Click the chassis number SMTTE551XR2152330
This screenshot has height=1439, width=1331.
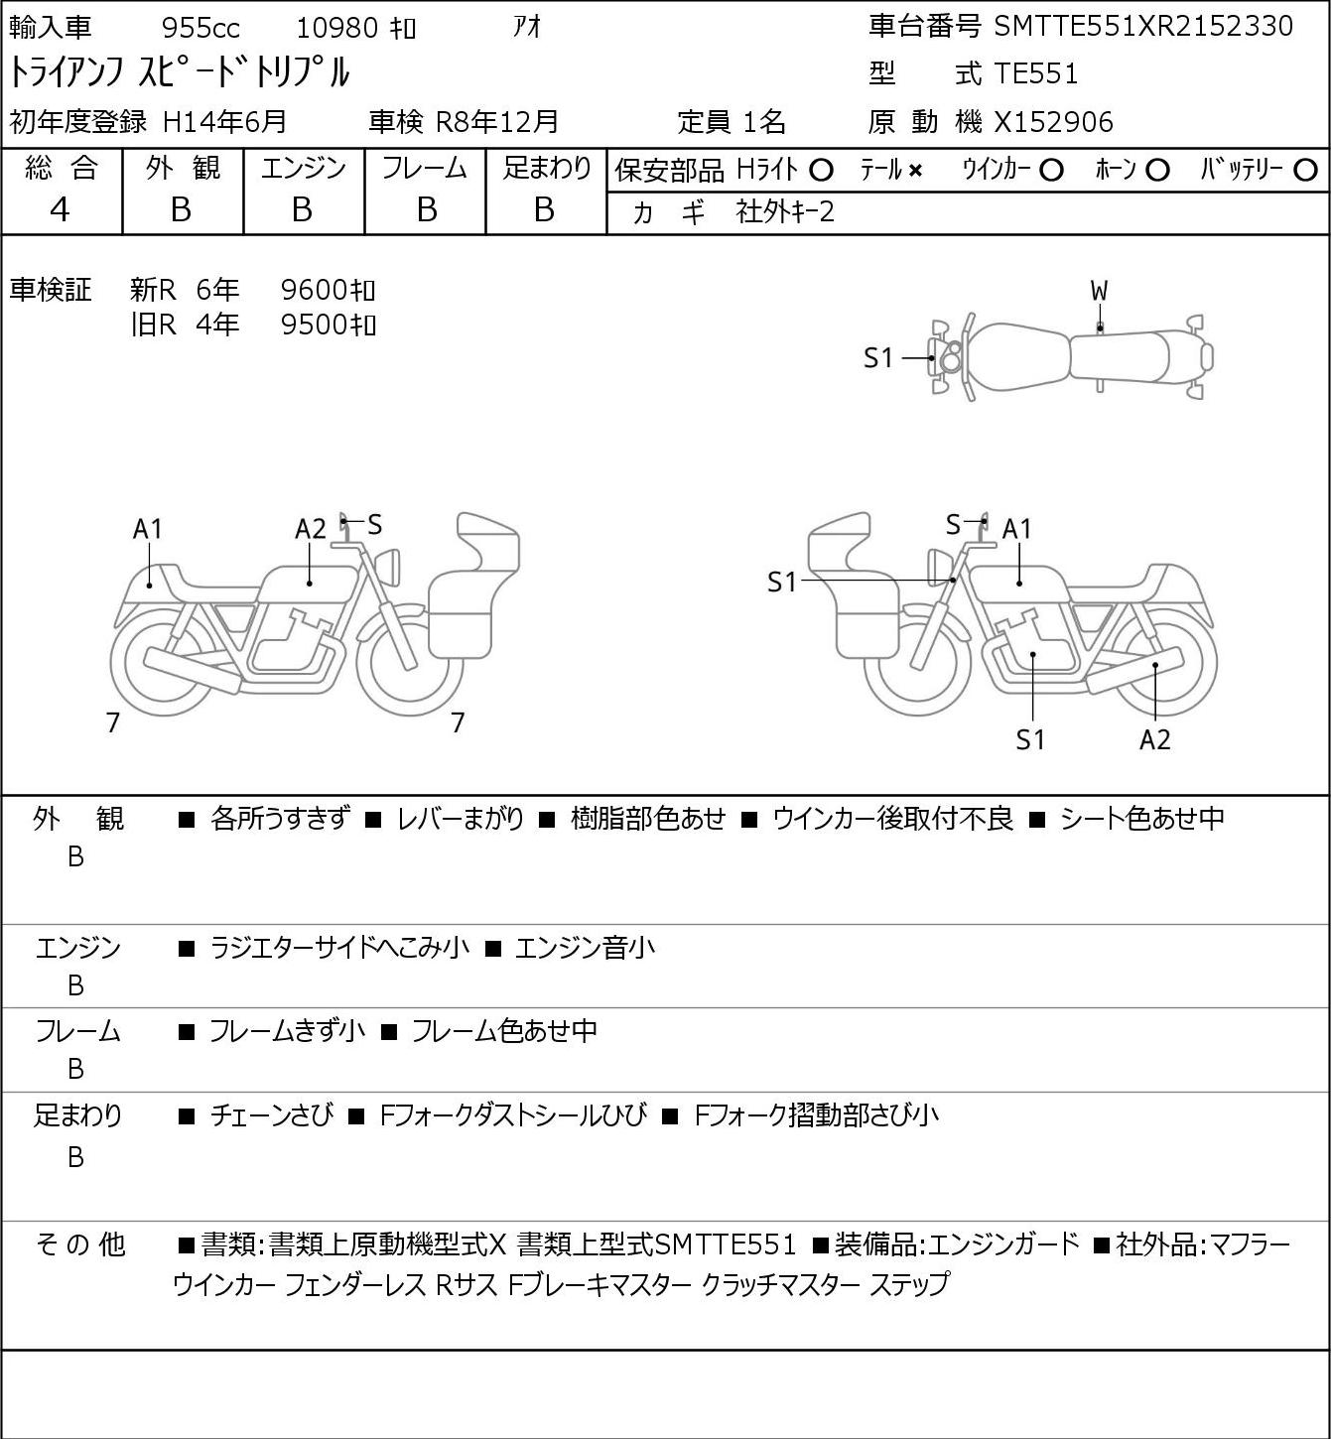[1143, 27]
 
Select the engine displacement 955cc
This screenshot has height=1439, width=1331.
[200, 28]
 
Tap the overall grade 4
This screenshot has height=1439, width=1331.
[60, 209]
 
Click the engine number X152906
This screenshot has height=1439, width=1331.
[1053, 122]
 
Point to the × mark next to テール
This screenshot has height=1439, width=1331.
[915, 171]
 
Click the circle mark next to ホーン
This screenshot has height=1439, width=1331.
[1157, 171]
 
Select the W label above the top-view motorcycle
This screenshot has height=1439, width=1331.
[1099, 292]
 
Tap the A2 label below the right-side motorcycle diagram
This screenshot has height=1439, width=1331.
[1155, 739]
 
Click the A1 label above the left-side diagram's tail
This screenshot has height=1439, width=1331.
[148, 529]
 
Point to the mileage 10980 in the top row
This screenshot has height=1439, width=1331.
[337, 28]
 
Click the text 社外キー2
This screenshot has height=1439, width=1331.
[785, 212]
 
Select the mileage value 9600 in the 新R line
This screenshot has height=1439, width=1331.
[314, 290]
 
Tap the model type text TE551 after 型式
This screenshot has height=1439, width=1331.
[1036, 73]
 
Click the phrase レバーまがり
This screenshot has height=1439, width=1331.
[461, 819]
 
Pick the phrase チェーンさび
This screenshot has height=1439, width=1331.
[272, 1115]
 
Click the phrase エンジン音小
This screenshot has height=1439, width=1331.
[585, 948]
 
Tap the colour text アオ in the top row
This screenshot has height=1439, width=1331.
[527, 28]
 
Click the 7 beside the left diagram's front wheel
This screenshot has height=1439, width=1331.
[458, 722]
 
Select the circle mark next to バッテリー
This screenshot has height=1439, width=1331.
[1305, 171]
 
